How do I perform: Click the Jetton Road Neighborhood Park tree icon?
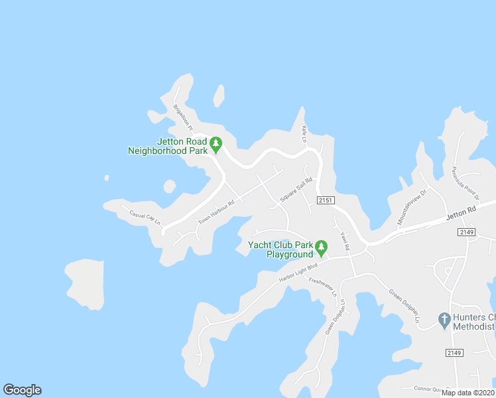tap(216, 144)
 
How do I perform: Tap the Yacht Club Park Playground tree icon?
tap(322, 248)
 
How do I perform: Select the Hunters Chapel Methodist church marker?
tap(445, 320)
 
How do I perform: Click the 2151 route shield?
tap(325, 200)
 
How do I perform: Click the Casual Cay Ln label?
tap(145, 218)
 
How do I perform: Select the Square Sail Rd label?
tap(296, 194)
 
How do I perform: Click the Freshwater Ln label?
tap(323, 287)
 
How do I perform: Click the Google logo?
tap(22, 390)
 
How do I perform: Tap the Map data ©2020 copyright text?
tap(468, 393)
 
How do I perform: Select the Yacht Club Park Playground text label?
tap(280, 249)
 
